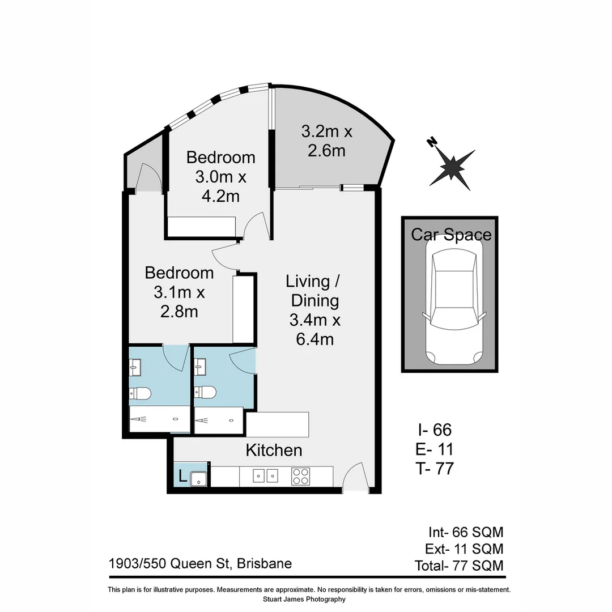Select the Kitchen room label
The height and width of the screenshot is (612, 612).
pyautogui.click(x=274, y=450)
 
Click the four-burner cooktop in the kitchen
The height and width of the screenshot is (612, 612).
pyautogui.click(x=300, y=477)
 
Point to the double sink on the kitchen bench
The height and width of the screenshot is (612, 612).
pyautogui.click(x=265, y=477)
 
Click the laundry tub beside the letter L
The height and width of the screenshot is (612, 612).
pyautogui.click(x=198, y=478)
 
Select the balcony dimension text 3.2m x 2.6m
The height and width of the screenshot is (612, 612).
pyautogui.click(x=326, y=141)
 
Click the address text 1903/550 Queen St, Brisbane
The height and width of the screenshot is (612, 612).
pyautogui.click(x=200, y=564)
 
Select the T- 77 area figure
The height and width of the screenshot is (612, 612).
pyautogui.click(x=434, y=468)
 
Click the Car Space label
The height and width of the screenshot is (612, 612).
pyautogui.click(x=451, y=235)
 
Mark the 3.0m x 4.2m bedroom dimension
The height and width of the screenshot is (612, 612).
pyautogui.click(x=221, y=186)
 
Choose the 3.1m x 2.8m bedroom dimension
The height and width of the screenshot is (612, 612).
pyautogui.click(x=179, y=302)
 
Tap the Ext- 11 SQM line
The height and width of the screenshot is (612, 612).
pyautogui.click(x=464, y=549)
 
